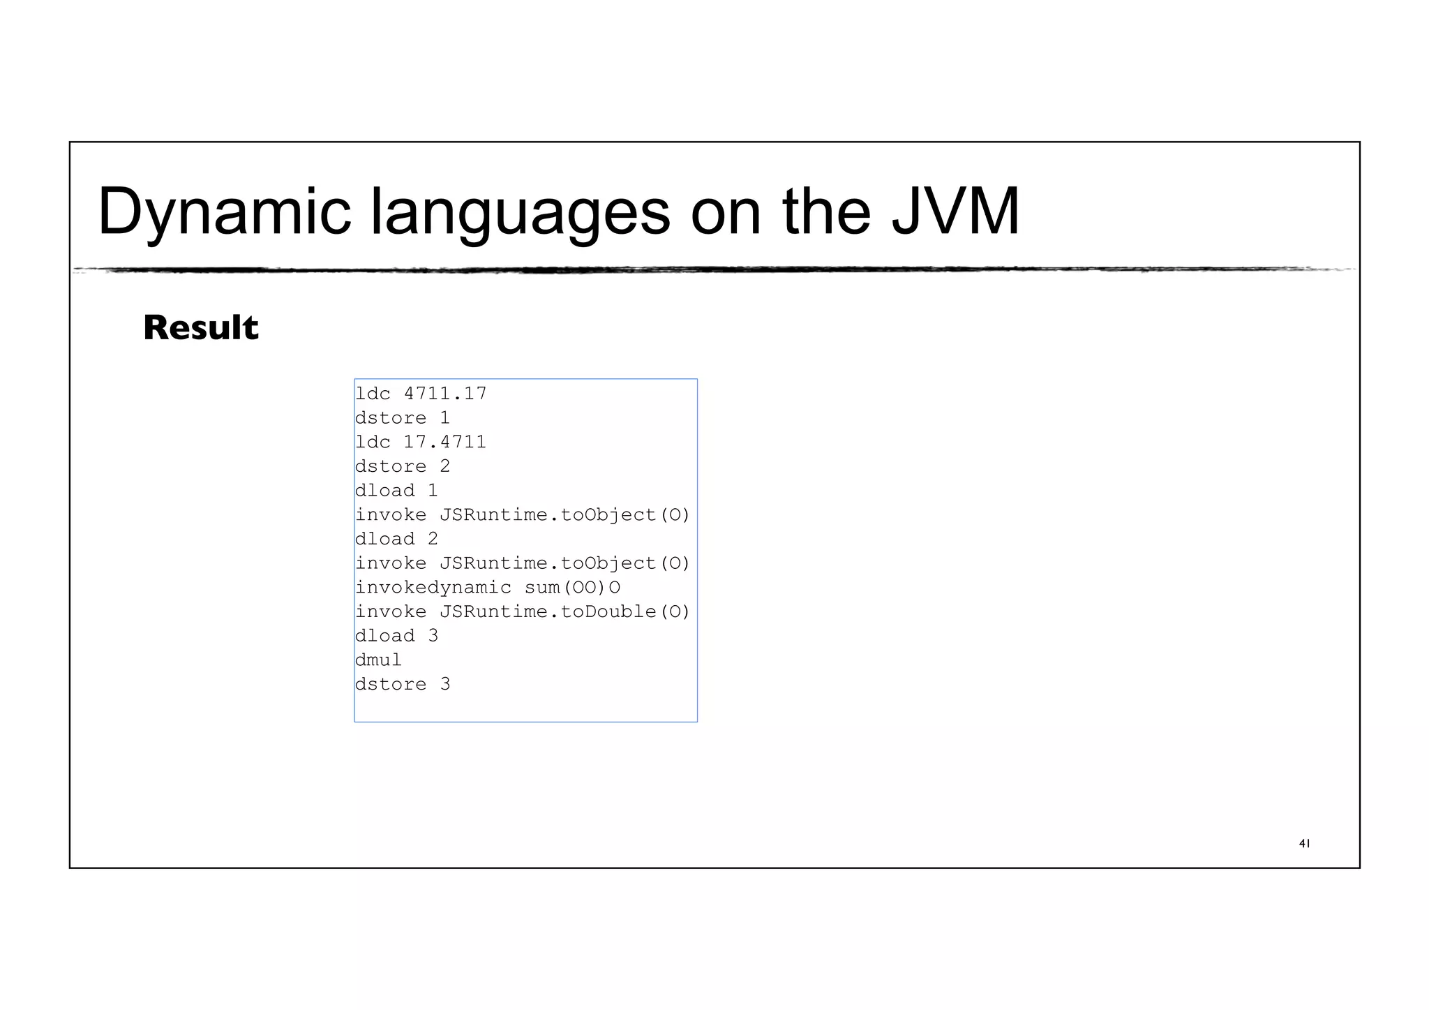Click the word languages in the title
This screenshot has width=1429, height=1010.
tap(520, 211)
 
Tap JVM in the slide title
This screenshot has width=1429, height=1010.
tap(955, 211)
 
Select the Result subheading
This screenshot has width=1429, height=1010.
tap(201, 328)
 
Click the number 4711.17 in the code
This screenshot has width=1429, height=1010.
tap(445, 394)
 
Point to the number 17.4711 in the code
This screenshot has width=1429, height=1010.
tap(445, 442)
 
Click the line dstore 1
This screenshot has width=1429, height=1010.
tap(403, 418)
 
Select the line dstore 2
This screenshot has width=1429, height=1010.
tap(403, 466)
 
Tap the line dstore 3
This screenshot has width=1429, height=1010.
tap(403, 684)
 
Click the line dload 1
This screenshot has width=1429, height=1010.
tap(396, 491)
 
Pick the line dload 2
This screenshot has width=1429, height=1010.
tap(396, 539)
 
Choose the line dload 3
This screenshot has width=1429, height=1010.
tap(396, 636)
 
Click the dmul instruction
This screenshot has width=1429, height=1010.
tap(378, 660)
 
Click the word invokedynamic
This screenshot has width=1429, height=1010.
tap(433, 588)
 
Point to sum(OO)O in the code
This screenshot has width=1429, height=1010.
tap(572, 588)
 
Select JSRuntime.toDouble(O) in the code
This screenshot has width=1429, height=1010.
tap(564, 611)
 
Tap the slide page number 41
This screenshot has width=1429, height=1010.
tap(1304, 844)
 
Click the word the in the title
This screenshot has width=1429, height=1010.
tap(826, 211)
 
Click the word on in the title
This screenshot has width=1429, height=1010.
tap(726, 211)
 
